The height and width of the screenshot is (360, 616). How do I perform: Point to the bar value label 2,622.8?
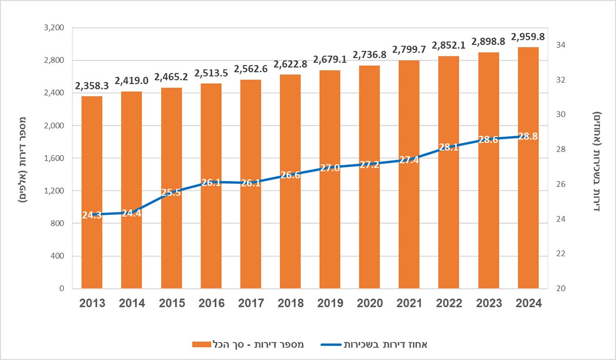click(x=291, y=65)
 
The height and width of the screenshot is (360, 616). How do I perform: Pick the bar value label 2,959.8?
click(x=528, y=36)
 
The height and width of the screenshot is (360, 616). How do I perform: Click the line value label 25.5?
click(x=172, y=193)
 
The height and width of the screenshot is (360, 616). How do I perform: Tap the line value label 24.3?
click(x=92, y=215)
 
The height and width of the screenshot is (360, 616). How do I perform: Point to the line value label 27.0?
click(x=330, y=167)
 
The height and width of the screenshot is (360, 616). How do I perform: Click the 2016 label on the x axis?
click(x=211, y=303)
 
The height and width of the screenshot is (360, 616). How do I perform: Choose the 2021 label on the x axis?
click(x=410, y=303)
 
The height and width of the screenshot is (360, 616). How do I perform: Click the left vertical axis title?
click(x=23, y=158)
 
